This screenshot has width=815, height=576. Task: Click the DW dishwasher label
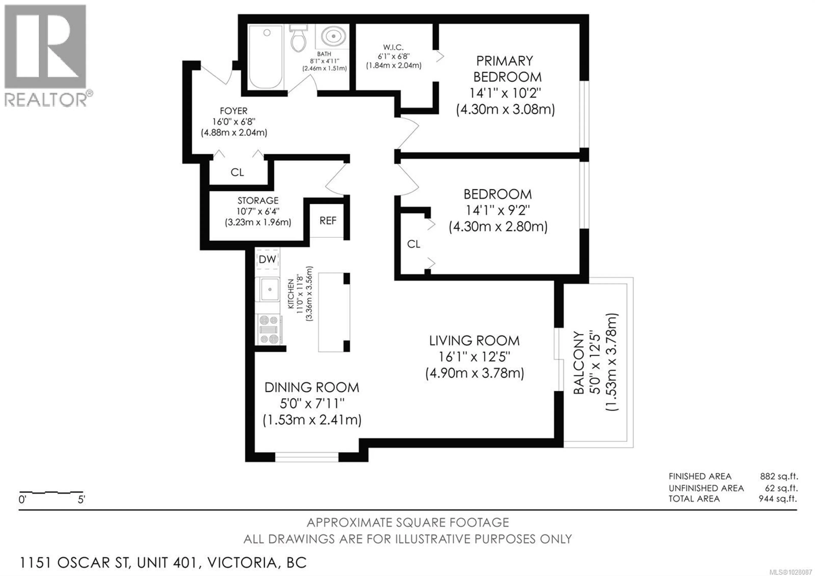267,259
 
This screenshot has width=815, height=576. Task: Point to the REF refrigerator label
328,221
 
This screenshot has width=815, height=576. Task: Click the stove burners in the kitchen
269,329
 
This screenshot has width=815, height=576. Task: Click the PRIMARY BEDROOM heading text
504,69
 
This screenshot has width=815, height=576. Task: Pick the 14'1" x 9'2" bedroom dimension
498,210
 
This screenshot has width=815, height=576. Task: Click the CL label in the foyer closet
237,173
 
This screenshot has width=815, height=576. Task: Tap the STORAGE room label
258,201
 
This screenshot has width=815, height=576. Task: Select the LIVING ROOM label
474,341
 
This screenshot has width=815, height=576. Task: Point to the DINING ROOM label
312,387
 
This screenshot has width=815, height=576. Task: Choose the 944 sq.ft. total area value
778,499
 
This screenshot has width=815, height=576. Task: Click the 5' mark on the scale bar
81,500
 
